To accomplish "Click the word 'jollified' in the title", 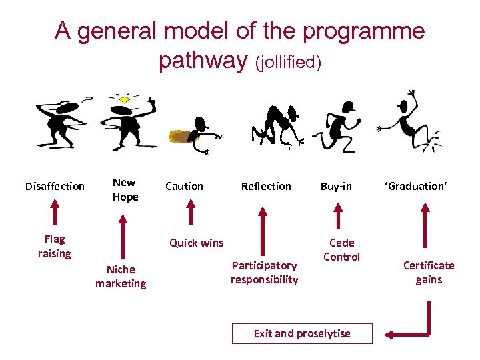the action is [x=289, y=63].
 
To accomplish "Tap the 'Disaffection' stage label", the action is [x=55, y=186].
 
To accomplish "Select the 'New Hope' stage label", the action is [x=125, y=189].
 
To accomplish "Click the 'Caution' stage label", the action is [x=184, y=186].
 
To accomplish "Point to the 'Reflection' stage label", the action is [x=266, y=186].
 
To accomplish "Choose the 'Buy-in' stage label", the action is [x=336, y=186].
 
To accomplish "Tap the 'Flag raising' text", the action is [x=55, y=246].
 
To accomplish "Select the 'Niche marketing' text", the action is [x=121, y=277].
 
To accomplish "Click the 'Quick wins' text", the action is [x=197, y=243].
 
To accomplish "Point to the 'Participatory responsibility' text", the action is [x=265, y=273].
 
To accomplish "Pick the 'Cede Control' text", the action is [x=342, y=250].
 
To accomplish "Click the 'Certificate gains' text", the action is [x=429, y=273].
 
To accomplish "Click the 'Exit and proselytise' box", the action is [x=302, y=333].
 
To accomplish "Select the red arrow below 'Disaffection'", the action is [x=55, y=213].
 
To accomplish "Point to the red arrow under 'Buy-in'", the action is [x=338, y=215].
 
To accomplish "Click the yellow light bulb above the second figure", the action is [x=123, y=99].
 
